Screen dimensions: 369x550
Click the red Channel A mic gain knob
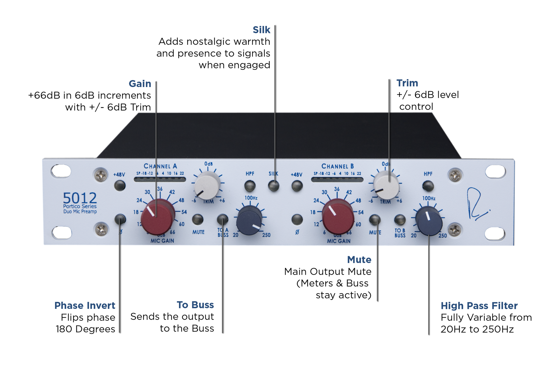pos(157,217)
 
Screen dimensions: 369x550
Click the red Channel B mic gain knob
pos(338,217)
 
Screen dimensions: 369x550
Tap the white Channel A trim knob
pos(207,185)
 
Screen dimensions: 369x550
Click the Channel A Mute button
pos(198,220)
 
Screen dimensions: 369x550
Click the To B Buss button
pos(400,220)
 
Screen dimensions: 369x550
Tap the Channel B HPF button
pos(428,186)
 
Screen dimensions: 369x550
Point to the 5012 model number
pos(80,198)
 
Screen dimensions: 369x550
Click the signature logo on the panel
pos(477,204)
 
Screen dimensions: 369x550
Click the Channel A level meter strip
pos(160,179)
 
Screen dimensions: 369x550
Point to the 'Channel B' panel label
pos(337,166)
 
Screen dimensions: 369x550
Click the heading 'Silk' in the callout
pos(261,30)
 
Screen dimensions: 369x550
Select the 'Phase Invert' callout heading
pos(85,305)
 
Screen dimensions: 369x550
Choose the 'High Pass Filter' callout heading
pos(479,306)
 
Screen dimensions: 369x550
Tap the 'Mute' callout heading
pos(359,260)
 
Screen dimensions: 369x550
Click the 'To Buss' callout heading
pos(195,305)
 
